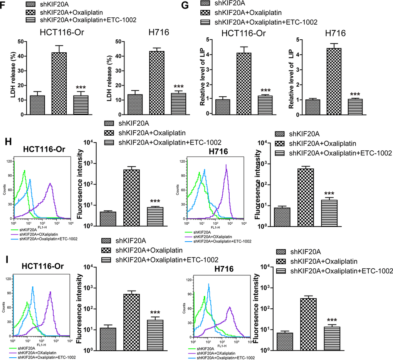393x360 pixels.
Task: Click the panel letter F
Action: click(x=3, y=6)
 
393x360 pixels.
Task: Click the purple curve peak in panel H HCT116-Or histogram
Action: click(x=50, y=184)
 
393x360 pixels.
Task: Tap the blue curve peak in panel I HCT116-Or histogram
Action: click(x=33, y=287)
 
